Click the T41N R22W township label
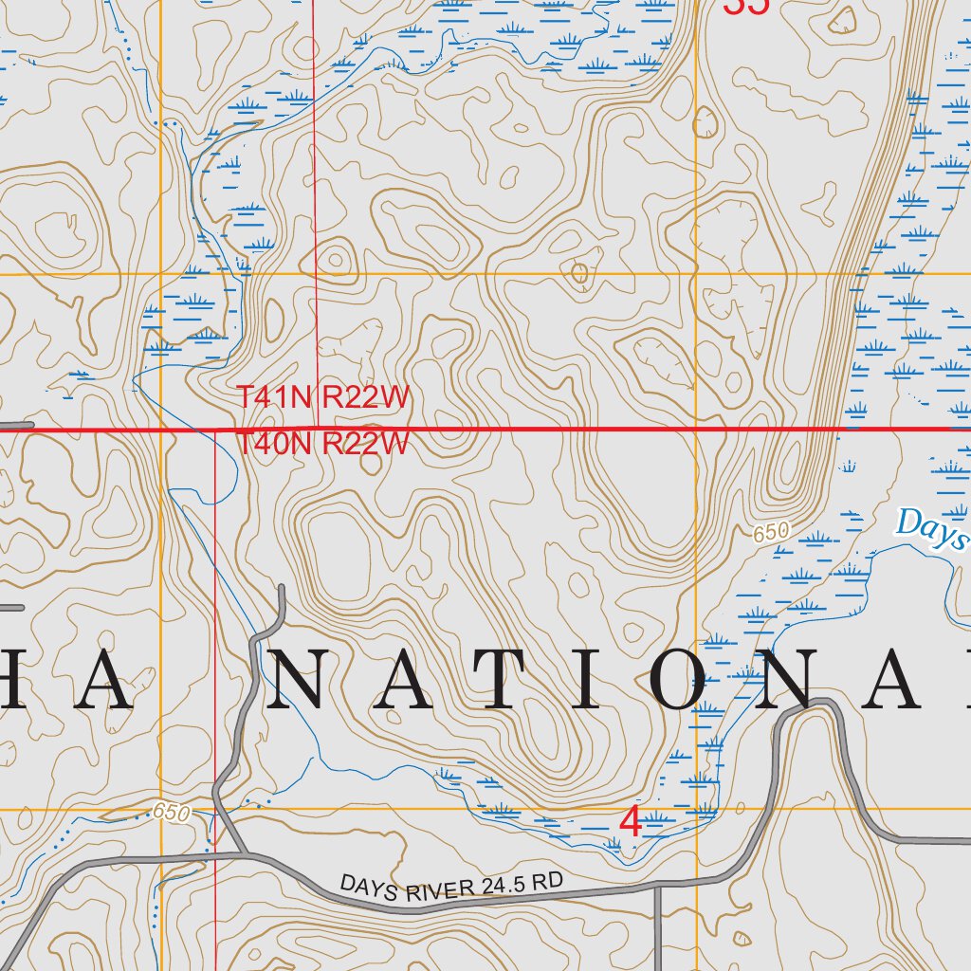322,397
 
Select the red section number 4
630,823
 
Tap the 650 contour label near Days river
771,533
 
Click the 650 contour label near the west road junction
171,812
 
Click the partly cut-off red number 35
745,6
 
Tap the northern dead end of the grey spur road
282,589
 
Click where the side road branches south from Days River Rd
657,887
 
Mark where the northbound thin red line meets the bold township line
316,429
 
